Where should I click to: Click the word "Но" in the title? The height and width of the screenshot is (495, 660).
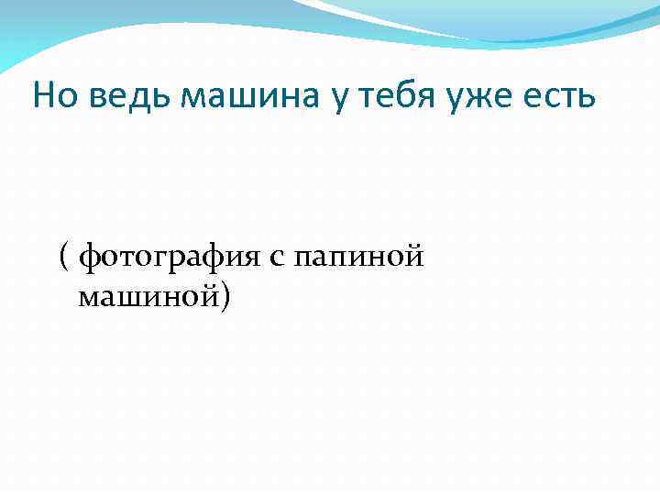click(x=53, y=96)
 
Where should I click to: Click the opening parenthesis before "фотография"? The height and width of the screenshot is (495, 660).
click(x=64, y=259)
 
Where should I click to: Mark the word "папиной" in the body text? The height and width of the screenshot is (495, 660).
click(x=358, y=259)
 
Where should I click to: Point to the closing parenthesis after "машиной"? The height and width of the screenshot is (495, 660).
click(x=226, y=297)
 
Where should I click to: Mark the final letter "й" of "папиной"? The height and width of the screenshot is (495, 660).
click(x=414, y=258)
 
